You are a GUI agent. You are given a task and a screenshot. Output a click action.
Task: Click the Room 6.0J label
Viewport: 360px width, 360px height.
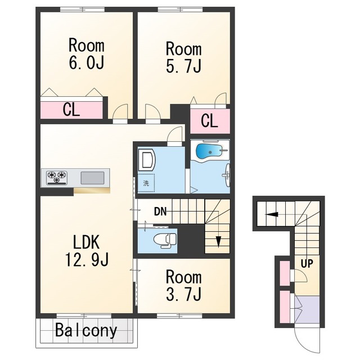tap(87, 54)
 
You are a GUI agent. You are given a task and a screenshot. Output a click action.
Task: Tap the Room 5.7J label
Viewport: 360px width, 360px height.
tap(184, 57)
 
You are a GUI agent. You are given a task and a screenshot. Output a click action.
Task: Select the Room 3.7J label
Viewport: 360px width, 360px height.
tap(184, 285)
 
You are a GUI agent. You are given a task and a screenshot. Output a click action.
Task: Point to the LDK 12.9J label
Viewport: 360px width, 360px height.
tap(87, 251)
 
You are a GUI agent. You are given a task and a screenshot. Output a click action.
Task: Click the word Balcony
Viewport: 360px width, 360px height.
tap(86, 331)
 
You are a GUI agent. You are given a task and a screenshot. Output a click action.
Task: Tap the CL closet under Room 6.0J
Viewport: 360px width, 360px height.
tap(71, 110)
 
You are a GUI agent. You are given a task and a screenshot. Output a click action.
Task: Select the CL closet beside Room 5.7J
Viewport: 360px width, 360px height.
tap(210, 121)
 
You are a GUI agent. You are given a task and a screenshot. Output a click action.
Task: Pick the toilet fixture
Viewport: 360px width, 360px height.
tap(165, 240)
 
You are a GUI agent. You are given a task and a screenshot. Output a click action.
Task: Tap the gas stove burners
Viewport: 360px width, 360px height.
tap(57, 178)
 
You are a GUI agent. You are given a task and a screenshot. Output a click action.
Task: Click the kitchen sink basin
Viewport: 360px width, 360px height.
tap(92, 178)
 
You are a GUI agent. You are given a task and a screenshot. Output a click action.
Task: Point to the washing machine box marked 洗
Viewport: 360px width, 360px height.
tap(146, 183)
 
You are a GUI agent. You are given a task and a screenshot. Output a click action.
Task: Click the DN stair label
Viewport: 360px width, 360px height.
tap(160, 211)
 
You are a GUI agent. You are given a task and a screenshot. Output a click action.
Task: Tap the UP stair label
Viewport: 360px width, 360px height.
tap(307, 264)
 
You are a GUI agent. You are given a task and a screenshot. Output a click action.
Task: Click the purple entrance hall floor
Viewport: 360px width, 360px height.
tap(307, 309)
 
